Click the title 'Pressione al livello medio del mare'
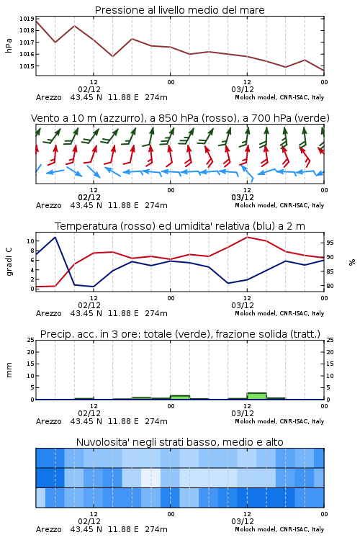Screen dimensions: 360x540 coord(179,10)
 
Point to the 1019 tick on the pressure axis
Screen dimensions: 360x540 coord(27,19)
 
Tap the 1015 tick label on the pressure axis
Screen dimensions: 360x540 coord(27,66)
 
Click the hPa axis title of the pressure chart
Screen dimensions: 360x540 coord(9,45)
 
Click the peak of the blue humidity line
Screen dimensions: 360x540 coord(55,237)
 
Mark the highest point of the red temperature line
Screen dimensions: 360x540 coord(248,237)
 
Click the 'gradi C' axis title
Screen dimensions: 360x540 coord(9,262)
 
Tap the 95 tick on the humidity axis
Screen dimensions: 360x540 coord(330,243)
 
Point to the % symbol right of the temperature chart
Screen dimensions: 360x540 coord(352,262)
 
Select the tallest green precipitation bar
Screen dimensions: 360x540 coord(256,396)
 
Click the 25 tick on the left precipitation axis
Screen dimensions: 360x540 coord(31,340)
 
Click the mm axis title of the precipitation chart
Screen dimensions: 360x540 coord(9,370)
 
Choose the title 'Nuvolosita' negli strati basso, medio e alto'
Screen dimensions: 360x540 coord(179,442)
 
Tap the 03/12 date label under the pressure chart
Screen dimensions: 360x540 coord(243,89)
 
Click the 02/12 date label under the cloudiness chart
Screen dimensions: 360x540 coord(89,521)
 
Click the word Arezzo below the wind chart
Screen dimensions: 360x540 coord(48,206)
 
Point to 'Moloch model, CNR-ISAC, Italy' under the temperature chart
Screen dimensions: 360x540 coord(279,313)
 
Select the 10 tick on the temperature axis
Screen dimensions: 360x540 coord(31,241)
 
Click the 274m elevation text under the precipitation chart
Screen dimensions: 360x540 coord(156,421)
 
